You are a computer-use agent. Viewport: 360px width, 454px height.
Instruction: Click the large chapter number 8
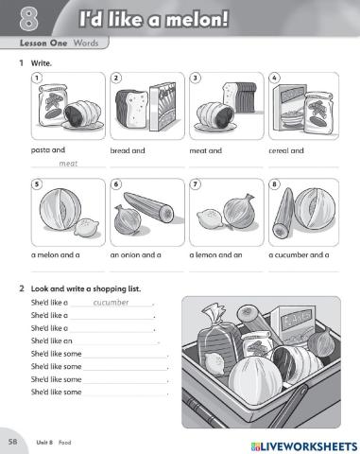[x=28, y=19]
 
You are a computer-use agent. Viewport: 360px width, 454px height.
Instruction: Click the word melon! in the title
[x=197, y=20]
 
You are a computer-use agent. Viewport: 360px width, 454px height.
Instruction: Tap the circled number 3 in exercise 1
[x=196, y=78]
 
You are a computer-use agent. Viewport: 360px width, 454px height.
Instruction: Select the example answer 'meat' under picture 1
[x=68, y=164]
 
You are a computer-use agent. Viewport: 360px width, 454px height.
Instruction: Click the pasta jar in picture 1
[x=52, y=105]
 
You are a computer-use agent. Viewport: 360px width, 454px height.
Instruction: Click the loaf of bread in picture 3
[x=239, y=96]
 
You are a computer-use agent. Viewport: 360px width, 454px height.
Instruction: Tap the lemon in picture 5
[x=86, y=228]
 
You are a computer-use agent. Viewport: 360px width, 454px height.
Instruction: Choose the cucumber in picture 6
[x=148, y=208]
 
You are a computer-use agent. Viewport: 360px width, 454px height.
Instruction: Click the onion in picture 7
[x=238, y=211]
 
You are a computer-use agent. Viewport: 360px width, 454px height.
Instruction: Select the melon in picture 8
[x=315, y=209]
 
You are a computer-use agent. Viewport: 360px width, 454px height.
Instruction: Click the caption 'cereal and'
[x=286, y=150]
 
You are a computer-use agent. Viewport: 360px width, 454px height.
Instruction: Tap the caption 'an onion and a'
[x=135, y=254]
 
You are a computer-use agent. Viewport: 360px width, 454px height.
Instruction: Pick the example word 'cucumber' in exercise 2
[x=111, y=303]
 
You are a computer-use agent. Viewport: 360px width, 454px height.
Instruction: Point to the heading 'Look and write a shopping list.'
[x=86, y=288]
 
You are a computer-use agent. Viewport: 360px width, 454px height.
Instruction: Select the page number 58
[x=13, y=442]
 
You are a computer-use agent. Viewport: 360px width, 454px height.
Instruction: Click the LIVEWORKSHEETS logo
[x=304, y=446]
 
